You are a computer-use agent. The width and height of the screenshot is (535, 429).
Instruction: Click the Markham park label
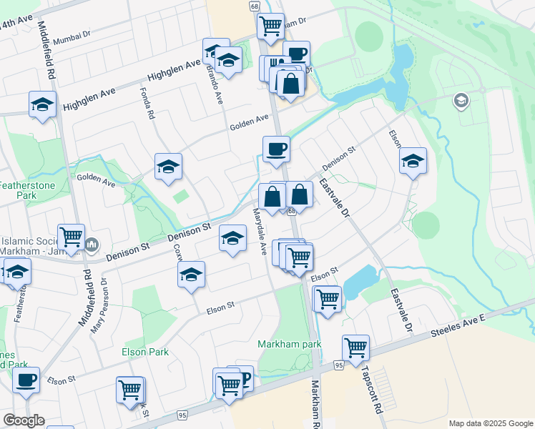pyautogui.click(x=290, y=344)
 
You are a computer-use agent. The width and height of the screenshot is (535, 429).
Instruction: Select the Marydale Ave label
pyautogui.click(x=260, y=232)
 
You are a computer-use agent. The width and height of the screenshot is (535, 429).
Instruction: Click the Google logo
pyautogui.click(x=24, y=420)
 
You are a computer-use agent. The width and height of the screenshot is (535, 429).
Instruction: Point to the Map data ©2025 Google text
pyautogui.click(x=491, y=423)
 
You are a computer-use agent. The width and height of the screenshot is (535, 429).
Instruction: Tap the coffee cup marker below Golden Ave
pyautogui.click(x=276, y=150)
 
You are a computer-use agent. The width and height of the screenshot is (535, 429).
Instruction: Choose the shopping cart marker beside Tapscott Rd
pyautogui.click(x=355, y=348)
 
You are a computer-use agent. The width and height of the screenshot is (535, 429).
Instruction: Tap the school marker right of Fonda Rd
pyautogui.click(x=169, y=167)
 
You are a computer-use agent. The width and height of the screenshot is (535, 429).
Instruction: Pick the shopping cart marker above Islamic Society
pyautogui.click(x=71, y=237)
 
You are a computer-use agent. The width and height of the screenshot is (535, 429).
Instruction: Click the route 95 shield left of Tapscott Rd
pyautogui.click(x=338, y=365)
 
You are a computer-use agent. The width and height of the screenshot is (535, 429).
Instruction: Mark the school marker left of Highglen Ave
pyautogui.click(x=43, y=105)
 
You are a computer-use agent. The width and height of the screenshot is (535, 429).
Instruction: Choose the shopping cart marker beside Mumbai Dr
pyautogui.click(x=271, y=25)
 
